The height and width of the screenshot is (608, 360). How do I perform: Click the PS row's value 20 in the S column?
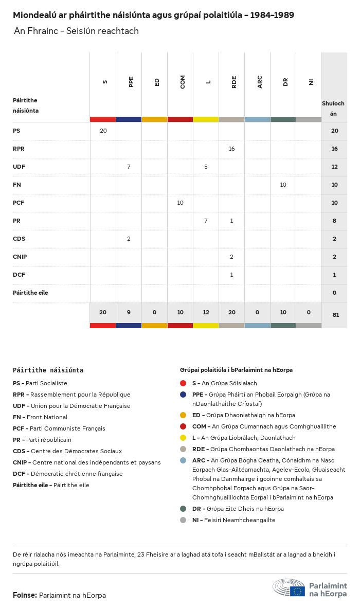(103, 131)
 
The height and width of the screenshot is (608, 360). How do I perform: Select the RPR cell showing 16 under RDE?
(231, 149)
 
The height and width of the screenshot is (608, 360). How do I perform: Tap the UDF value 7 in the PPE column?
(129, 167)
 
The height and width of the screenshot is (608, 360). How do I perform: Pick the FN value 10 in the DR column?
(283, 185)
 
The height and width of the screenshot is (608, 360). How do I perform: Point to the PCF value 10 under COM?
(180, 203)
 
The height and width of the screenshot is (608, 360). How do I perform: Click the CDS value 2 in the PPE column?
(129, 239)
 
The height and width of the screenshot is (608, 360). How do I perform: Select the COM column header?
(183, 82)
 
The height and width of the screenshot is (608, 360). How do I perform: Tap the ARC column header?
(260, 82)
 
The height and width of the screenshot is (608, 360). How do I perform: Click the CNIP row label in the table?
(20, 257)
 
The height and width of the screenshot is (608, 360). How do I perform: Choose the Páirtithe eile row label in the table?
(30, 293)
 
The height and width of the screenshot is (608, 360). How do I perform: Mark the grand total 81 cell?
(336, 315)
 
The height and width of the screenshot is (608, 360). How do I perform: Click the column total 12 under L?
(206, 312)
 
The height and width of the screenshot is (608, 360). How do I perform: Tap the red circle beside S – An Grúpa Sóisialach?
(183, 383)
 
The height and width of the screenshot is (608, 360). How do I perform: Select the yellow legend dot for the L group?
(183, 438)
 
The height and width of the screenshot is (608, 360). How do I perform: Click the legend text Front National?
(47, 417)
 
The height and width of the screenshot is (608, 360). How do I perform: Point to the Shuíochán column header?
(333, 108)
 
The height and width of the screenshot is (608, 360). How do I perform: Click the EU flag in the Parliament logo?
(297, 591)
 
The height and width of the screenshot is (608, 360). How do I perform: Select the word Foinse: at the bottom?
(25, 595)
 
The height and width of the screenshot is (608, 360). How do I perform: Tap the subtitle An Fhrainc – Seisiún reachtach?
(76, 31)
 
